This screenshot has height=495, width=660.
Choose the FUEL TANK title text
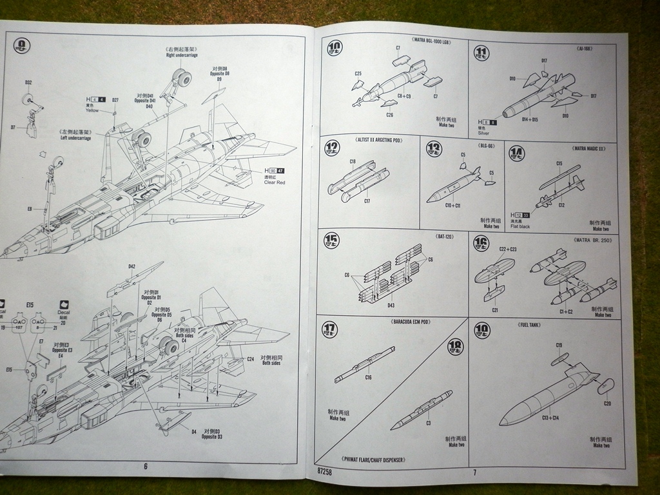coord(529,325)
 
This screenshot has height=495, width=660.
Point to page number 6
coord(146,465)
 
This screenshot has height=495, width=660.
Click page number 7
coord(474,471)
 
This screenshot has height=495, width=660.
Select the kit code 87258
coord(325,471)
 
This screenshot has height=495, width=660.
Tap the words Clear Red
coord(274,182)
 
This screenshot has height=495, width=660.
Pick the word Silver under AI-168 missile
coord(484,133)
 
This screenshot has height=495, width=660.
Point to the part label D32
coord(28,82)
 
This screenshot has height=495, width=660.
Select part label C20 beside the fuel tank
coord(607,403)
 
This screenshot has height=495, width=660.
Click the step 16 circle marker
coord(481,242)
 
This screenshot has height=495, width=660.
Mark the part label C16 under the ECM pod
coord(368,377)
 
